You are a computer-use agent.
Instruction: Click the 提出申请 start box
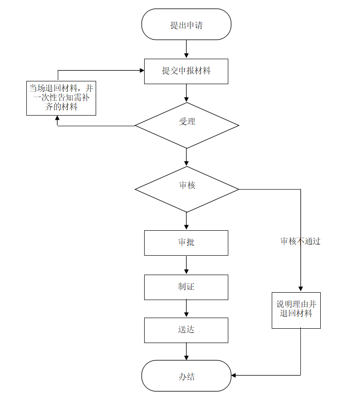[x=186, y=25]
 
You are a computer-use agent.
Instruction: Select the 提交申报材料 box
[x=186, y=71]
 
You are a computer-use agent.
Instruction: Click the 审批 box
[x=186, y=243]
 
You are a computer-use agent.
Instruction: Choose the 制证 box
[x=186, y=287]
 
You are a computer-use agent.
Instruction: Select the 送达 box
[x=186, y=330]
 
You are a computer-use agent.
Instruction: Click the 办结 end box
[x=186, y=376]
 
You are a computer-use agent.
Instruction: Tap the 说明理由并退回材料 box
[x=296, y=310]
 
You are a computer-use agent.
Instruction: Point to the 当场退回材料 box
[x=61, y=98]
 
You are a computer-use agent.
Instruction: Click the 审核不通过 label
[x=300, y=241]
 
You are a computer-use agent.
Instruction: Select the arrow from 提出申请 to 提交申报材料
[x=186, y=49]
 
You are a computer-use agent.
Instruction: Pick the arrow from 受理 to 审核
[x=186, y=157]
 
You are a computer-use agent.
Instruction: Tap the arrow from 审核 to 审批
[x=186, y=221]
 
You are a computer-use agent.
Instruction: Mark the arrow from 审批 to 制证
[x=186, y=265]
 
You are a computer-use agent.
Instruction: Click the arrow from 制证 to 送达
[x=186, y=308]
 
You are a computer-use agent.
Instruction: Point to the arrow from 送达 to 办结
[x=186, y=351]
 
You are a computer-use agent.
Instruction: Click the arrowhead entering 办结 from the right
[x=234, y=375]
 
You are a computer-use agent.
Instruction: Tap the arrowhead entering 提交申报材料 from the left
[x=142, y=71]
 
